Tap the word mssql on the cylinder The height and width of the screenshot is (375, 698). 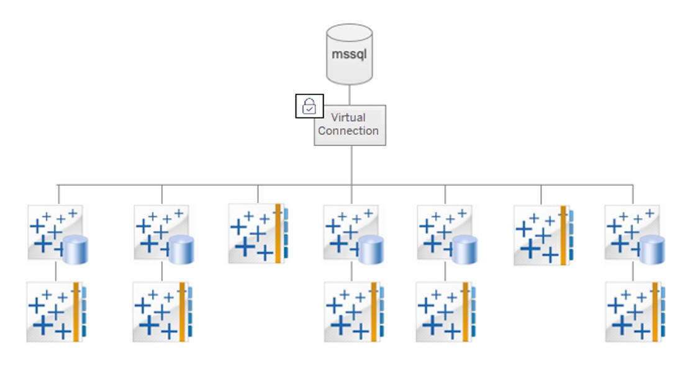pyautogui.click(x=349, y=53)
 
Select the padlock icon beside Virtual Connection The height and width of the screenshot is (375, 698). pyautogui.click(x=309, y=106)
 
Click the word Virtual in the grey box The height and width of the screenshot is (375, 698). pyautogui.click(x=348, y=117)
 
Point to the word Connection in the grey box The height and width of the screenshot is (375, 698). pyautogui.click(x=348, y=131)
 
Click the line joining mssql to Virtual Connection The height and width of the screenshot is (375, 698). pyautogui.click(x=350, y=94)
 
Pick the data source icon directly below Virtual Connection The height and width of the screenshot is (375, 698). pyautogui.click(x=353, y=233)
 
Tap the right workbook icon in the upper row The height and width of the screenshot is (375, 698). pyautogui.click(x=543, y=235)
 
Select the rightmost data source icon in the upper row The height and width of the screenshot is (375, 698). pyautogui.click(x=634, y=233)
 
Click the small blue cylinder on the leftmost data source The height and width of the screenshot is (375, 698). pyautogui.click(x=75, y=249)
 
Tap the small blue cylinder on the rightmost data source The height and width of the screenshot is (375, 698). pyautogui.click(x=651, y=249)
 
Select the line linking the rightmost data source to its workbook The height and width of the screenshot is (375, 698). pyautogui.click(x=633, y=271)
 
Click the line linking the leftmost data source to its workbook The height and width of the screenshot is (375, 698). pyautogui.click(x=56, y=271)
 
